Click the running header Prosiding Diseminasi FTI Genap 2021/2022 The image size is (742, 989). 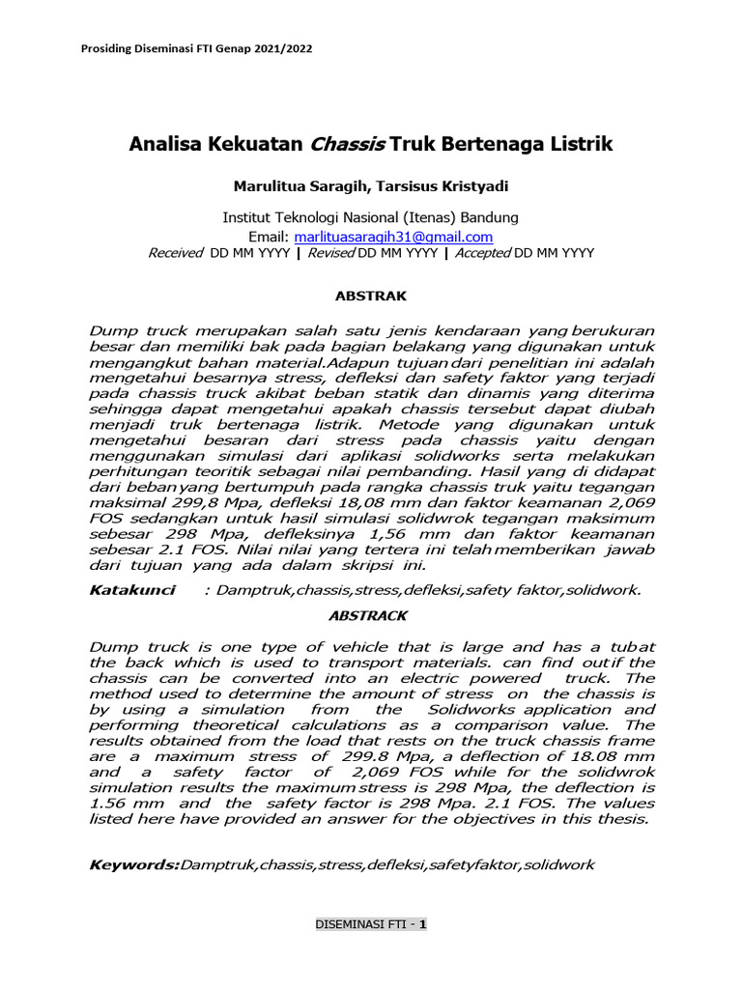(194, 48)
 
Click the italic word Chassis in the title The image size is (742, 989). (347, 145)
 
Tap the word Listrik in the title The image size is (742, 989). (577, 145)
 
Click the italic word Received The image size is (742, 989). (175, 253)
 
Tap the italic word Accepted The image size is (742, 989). (478, 253)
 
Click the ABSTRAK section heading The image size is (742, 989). (371, 297)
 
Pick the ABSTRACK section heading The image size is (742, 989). (371, 615)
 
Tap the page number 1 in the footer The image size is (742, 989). (422, 923)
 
